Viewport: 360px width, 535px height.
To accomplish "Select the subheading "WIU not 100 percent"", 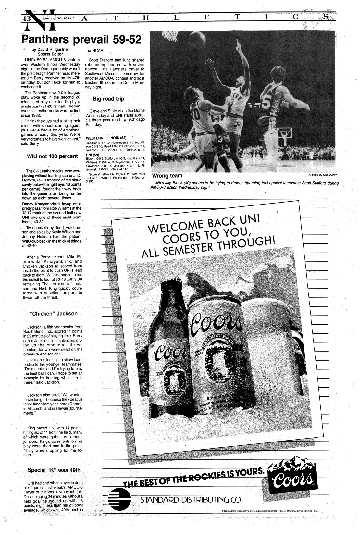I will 52,156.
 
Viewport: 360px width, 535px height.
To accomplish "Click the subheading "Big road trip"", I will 108,99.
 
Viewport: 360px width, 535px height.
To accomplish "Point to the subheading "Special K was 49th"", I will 54,470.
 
